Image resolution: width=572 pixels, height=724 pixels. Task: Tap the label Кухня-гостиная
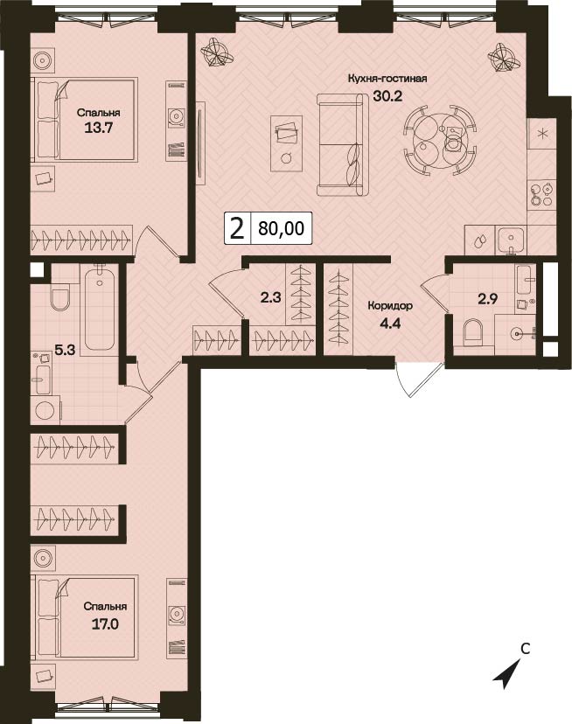[x=387, y=79]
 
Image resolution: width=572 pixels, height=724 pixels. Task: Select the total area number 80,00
[x=282, y=228]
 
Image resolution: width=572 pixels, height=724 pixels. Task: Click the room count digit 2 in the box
[x=237, y=228]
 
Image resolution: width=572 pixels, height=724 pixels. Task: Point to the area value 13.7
[x=99, y=128]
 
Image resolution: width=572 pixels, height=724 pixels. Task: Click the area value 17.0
[x=105, y=624]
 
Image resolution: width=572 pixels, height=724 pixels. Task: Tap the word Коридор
[x=384, y=306]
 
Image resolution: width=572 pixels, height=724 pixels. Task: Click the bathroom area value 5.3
[x=65, y=350]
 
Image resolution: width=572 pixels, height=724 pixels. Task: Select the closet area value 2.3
[x=271, y=298]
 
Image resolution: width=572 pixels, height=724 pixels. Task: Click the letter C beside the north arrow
[x=525, y=649]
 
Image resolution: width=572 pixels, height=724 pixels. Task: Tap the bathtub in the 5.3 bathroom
[x=100, y=310]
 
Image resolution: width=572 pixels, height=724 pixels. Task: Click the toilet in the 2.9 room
[x=472, y=332]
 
